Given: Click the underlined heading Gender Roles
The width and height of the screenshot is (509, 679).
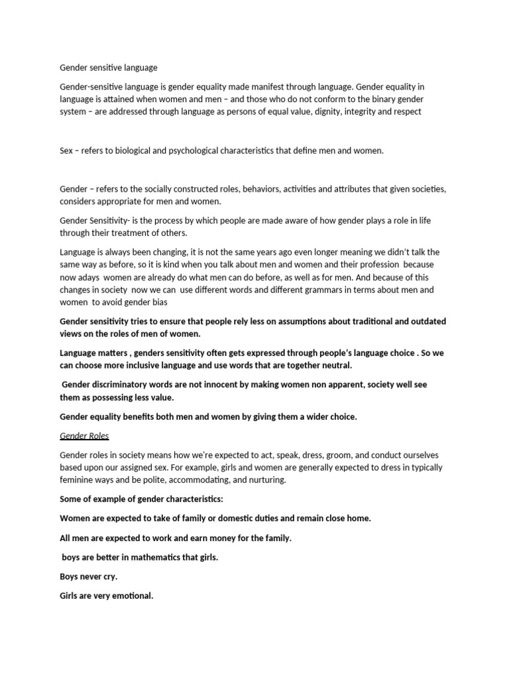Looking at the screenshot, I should pyautogui.click(x=84, y=436).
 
